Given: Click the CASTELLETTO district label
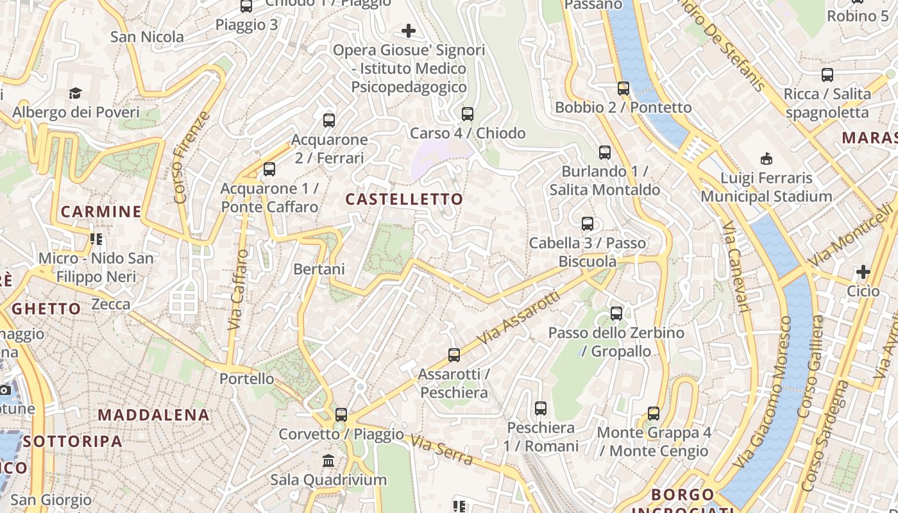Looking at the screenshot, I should point(404,199).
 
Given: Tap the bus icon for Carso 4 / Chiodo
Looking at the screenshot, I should point(468,114).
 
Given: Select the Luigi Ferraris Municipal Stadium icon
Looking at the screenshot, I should point(766,158).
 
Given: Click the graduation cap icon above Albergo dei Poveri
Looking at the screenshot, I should point(76,94).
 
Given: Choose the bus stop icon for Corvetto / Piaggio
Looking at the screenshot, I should point(341,415).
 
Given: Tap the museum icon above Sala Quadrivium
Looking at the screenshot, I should point(328,460).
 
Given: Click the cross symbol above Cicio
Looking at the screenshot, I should point(863,272).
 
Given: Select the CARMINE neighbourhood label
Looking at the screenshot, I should point(101,212).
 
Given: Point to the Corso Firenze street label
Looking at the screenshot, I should point(191,158).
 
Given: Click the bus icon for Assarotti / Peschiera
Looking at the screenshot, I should point(454,355).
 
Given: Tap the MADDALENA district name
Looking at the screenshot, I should point(154,415).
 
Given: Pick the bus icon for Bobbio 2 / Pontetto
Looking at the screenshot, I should point(623,88).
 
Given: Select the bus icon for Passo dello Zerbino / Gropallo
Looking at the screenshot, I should point(616,314).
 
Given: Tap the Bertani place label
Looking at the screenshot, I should point(319,269).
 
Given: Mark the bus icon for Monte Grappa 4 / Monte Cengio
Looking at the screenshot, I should point(654,414).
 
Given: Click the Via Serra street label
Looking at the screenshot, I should point(442,450).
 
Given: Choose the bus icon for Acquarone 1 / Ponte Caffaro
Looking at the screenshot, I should point(269,169).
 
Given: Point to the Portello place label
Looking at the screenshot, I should point(247,379).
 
